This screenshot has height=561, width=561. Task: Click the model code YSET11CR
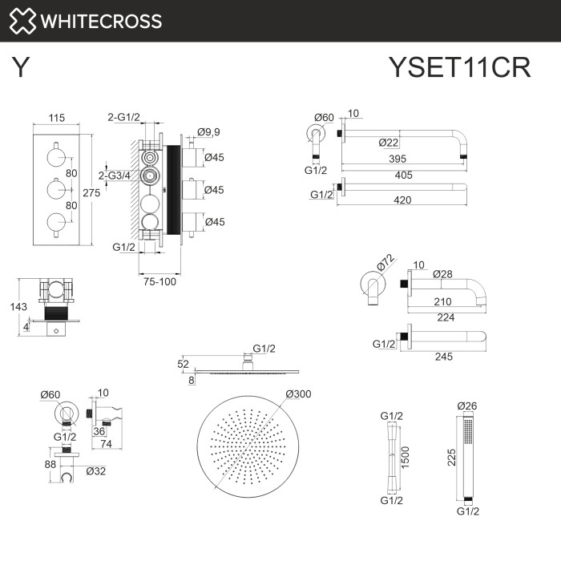tap(458, 68)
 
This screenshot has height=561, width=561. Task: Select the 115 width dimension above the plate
tap(56, 118)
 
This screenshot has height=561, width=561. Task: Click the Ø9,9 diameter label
tap(209, 132)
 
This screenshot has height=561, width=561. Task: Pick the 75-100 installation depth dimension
tap(160, 280)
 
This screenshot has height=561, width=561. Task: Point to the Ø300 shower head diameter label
tap(297, 394)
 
